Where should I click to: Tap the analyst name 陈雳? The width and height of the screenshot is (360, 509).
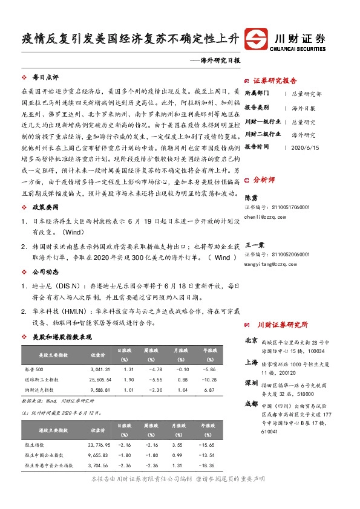point(250,197)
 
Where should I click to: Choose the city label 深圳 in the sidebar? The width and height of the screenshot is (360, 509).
point(252,383)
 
